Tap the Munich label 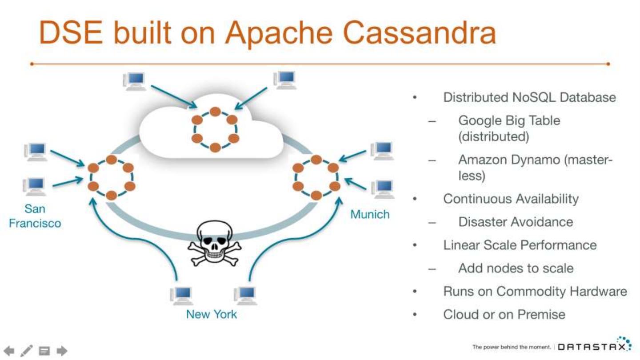tap(370, 214)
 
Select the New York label tap(212, 314)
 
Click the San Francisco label tap(35, 216)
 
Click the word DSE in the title tap(71, 32)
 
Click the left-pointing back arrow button tap(9, 351)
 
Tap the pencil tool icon tap(26, 351)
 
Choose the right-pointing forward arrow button tap(62, 351)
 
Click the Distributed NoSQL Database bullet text tap(529, 97)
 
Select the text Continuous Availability tap(511, 199)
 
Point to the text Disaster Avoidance tap(516, 222)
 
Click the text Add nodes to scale tap(516, 268)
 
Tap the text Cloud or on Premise tap(504, 315)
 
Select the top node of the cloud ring tap(215, 112)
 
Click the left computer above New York tap(181, 296)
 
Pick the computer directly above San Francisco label tap(34, 187)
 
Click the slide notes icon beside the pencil tap(44, 351)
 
